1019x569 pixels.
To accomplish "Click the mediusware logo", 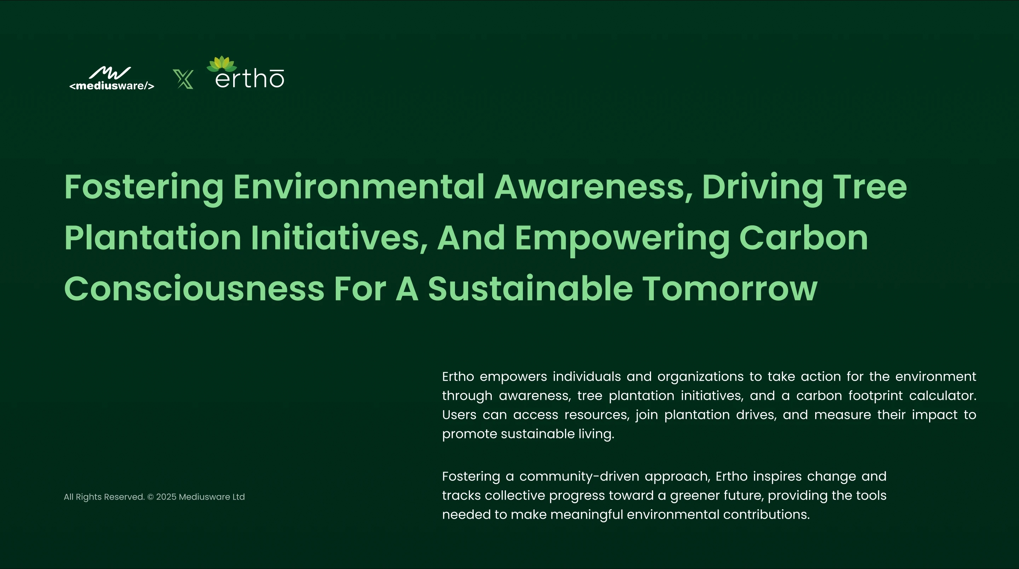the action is [x=111, y=78].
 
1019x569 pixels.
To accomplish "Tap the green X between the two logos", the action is [x=183, y=79].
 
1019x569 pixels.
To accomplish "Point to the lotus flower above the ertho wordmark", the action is [x=221, y=64].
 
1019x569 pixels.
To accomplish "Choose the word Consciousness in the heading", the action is [x=194, y=288].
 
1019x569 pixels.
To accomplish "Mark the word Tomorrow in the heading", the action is [x=730, y=288].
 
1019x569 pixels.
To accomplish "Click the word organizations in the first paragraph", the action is [x=701, y=377].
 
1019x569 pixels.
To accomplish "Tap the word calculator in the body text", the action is [x=943, y=395].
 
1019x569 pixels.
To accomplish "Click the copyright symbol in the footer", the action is [x=151, y=497].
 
